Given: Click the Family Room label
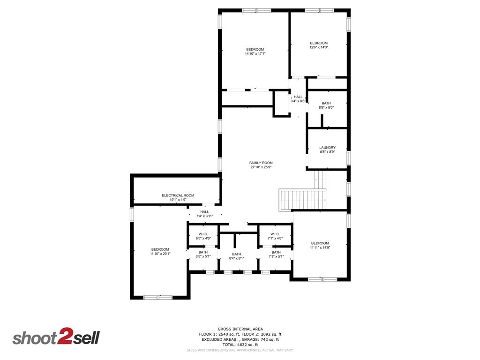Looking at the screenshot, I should (x=261, y=163).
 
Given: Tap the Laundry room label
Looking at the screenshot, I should (x=327, y=148).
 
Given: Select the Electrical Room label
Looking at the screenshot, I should (x=178, y=195).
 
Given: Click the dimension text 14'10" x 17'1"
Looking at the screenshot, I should (x=255, y=54).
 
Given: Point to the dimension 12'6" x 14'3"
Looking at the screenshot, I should (x=319, y=47).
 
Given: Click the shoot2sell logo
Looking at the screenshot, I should (x=56, y=337).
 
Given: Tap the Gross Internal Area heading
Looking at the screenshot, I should (x=240, y=329).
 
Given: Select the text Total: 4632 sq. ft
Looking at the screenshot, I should (x=240, y=345).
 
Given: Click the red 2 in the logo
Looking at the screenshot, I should (x=64, y=337).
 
